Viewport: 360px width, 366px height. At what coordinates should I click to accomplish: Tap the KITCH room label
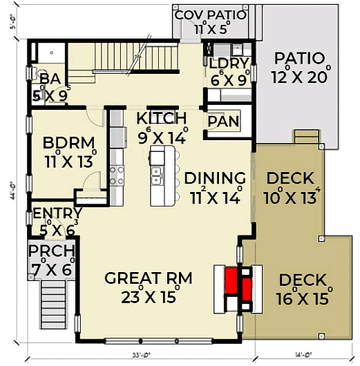click(162, 117)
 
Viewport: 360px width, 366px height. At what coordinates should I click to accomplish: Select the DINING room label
click(215, 178)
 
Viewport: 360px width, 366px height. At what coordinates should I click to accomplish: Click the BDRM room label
click(68, 144)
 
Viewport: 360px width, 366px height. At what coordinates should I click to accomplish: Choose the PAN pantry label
click(222, 122)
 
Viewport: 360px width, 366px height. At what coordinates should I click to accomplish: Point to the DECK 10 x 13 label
click(290, 178)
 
